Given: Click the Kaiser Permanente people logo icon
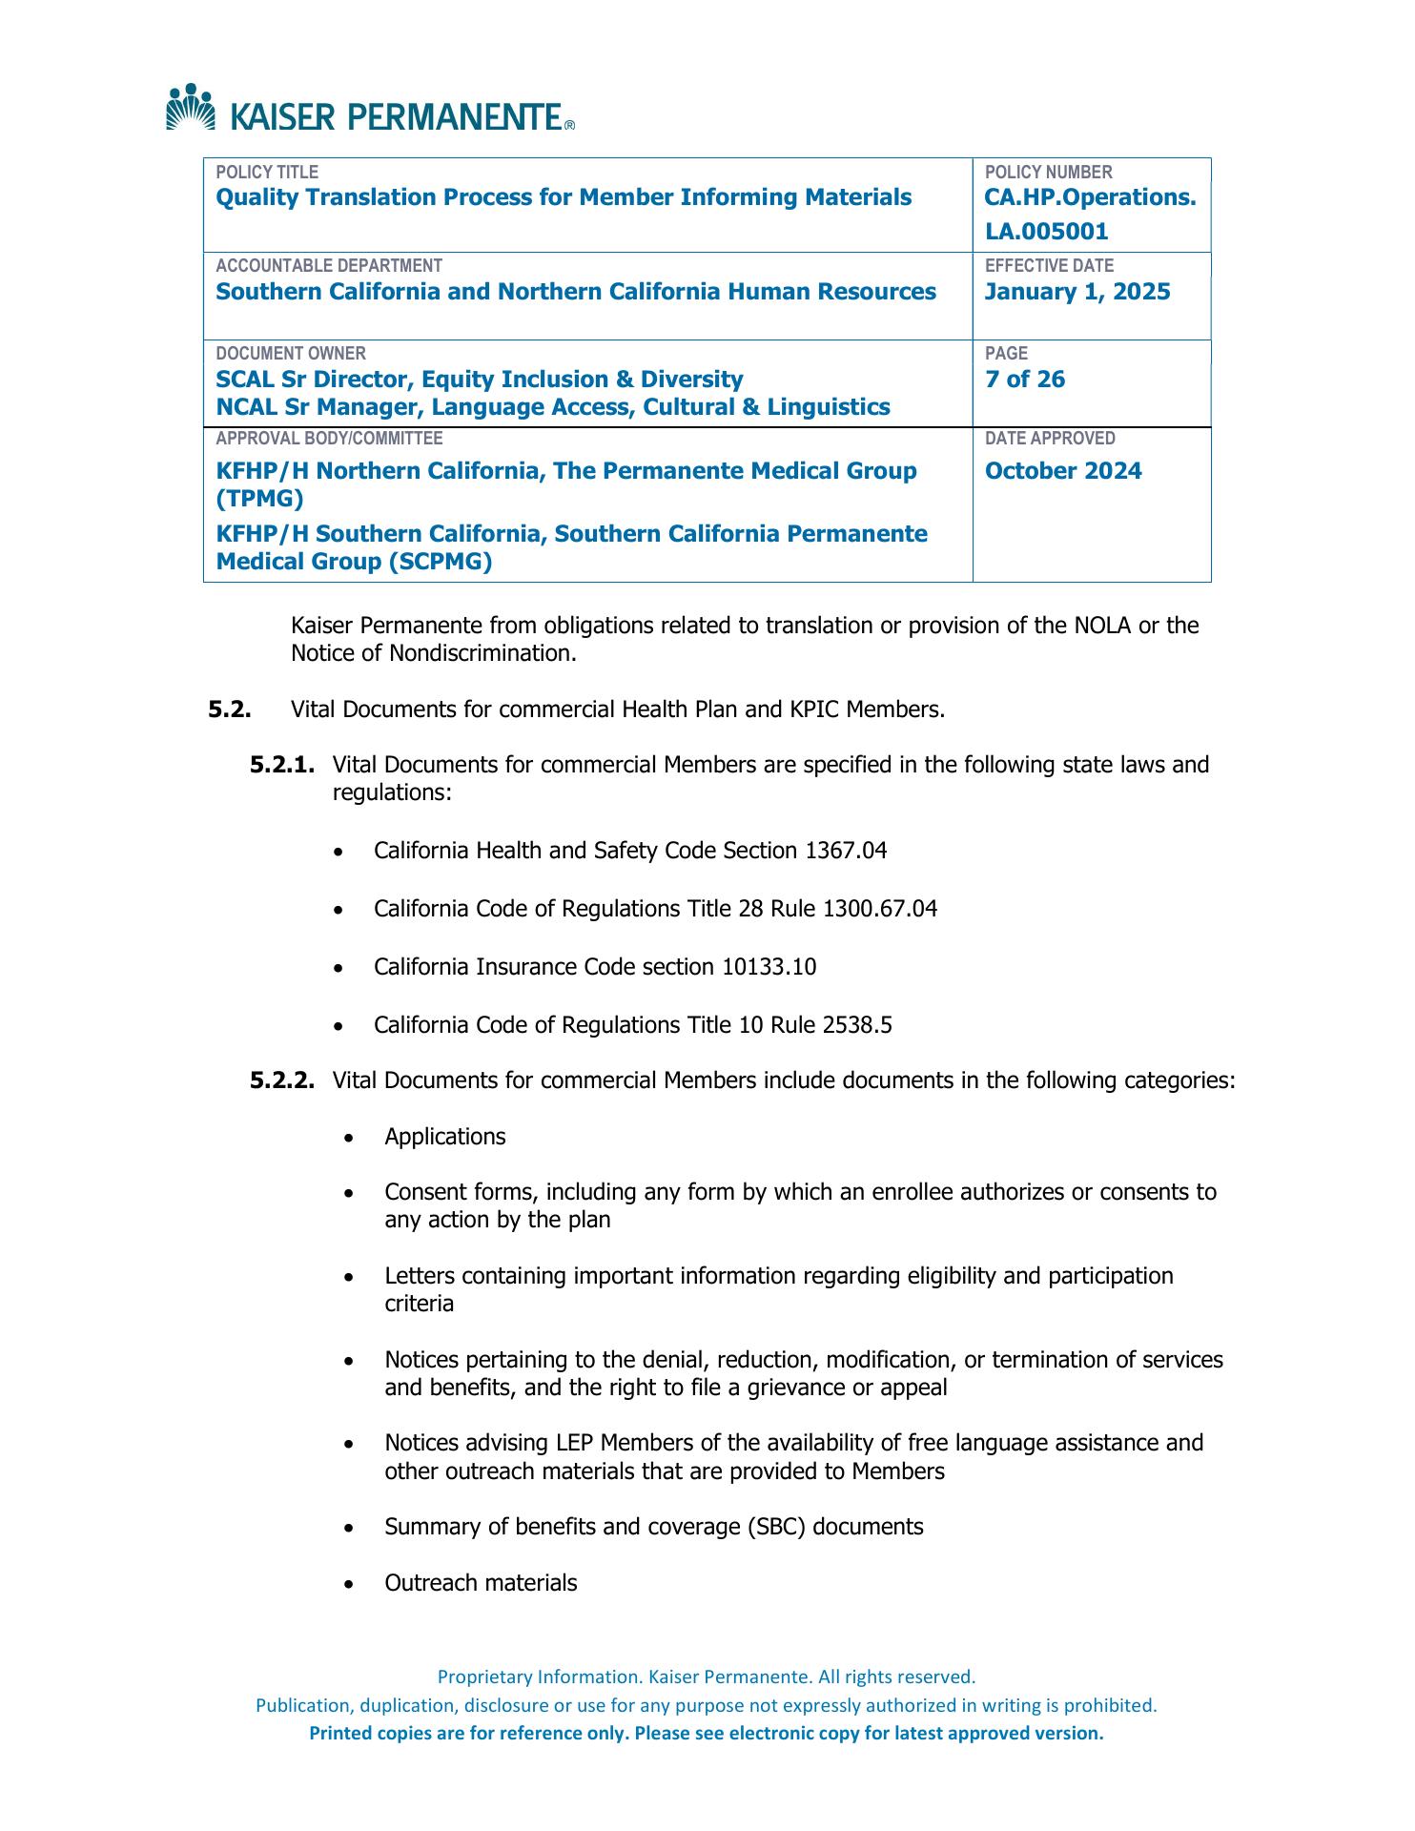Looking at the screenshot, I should click(x=191, y=107).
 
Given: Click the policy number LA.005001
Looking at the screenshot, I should click(x=1046, y=232).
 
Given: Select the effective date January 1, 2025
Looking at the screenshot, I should click(x=1077, y=292).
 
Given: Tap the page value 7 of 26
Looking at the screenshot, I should click(x=1025, y=380).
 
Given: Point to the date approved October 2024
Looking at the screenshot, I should click(x=1063, y=471).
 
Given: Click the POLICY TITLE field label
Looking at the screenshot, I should click(x=267, y=173).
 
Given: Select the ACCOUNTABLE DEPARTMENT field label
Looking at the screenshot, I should click(x=329, y=266).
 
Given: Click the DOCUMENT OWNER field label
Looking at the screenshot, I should click(x=291, y=353).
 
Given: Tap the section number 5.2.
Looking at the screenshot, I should click(x=229, y=710).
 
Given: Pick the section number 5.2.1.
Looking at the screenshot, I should click(x=282, y=765).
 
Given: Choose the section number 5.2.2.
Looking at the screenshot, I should click(x=282, y=1080).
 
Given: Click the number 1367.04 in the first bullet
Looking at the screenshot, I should click(x=846, y=851).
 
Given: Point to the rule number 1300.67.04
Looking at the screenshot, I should click(x=879, y=909).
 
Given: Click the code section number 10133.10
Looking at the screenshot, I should click(x=769, y=967).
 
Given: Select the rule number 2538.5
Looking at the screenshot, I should click(x=855, y=1025).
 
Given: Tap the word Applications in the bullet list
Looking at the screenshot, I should click(x=445, y=1137).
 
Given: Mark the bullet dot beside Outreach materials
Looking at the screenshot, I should click(x=351, y=1584).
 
